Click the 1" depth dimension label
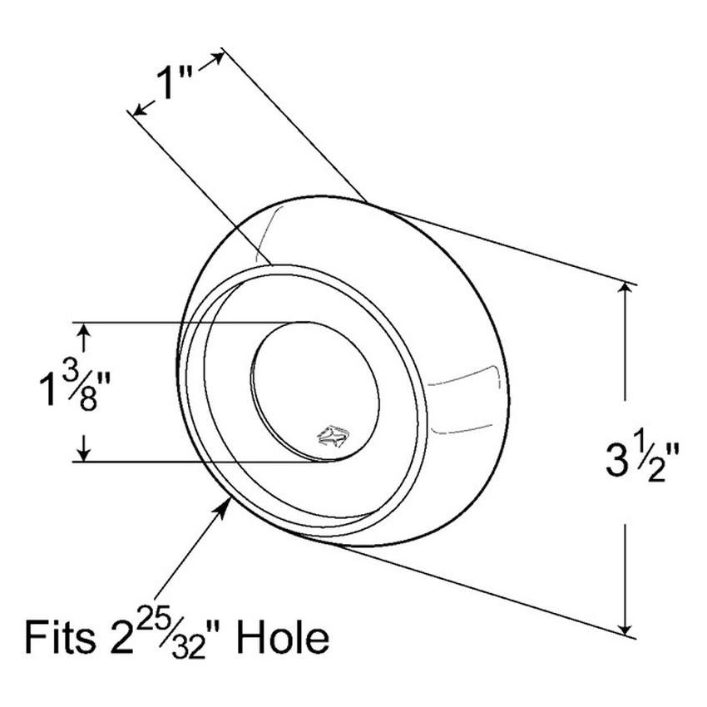pos(176,84)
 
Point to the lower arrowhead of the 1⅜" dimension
pos(82,454)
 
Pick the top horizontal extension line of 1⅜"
pos(191,322)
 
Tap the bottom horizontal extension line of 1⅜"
pos(200,461)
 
